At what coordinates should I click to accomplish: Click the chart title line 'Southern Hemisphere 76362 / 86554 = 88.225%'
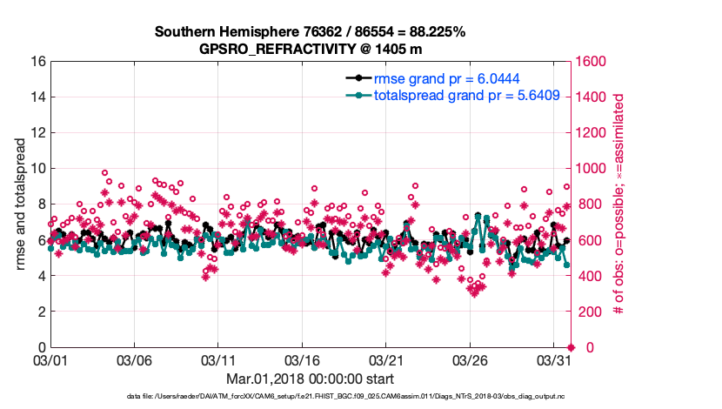310,31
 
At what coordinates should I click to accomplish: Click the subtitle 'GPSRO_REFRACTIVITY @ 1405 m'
310,49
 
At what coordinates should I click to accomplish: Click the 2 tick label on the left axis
40,312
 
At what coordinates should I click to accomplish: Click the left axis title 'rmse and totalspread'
21,204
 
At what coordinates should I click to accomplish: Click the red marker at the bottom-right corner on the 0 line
571,347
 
